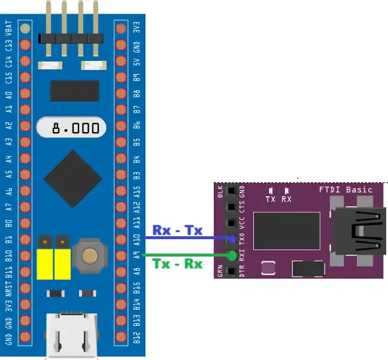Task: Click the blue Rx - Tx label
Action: point(177,230)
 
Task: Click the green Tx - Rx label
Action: point(177,263)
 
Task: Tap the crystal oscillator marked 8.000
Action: point(71,127)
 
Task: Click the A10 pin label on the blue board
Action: point(137,240)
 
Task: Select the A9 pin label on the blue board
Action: point(137,257)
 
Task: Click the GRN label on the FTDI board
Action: point(220,271)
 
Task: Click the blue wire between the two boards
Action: point(186,239)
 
